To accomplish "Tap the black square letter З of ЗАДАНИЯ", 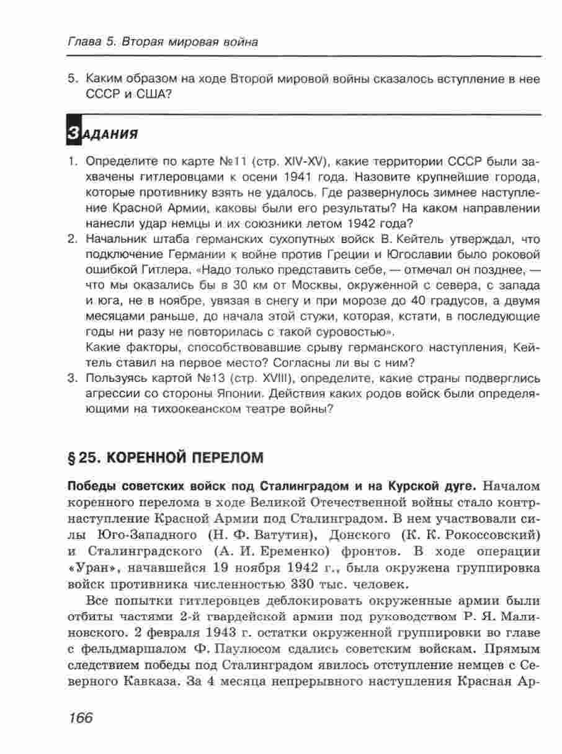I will point(73,132).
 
